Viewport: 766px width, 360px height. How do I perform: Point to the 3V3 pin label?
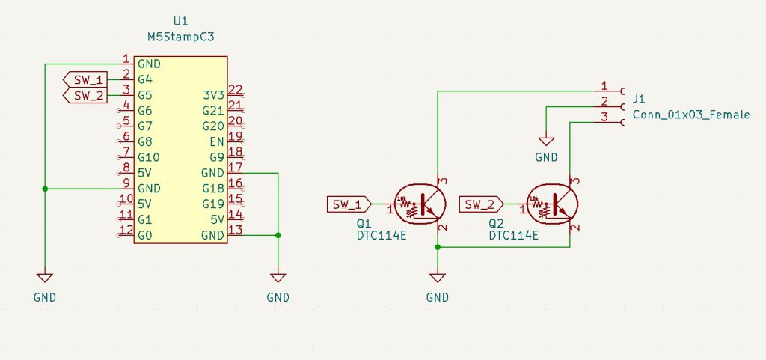(x=213, y=95)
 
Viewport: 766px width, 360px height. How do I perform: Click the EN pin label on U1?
(x=216, y=141)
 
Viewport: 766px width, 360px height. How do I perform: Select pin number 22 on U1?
(x=235, y=91)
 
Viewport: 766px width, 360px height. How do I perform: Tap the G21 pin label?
(x=213, y=111)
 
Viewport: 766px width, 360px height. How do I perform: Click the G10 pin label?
(x=149, y=157)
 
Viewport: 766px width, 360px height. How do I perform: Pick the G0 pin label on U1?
(x=145, y=235)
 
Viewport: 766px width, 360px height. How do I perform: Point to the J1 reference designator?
(x=639, y=99)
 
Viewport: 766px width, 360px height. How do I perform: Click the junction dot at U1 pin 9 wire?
(x=45, y=189)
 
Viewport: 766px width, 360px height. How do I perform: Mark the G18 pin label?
(x=213, y=189)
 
